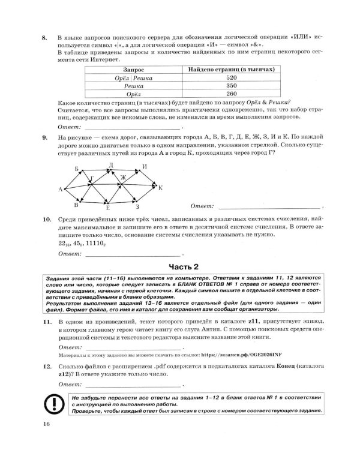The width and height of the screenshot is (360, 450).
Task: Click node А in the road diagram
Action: pyautogui.click(x=61, y=190)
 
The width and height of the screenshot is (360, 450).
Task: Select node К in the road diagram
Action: pyautogui.click(x=160, y=188)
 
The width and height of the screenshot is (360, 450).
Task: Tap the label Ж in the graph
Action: pyautogui.click(x=124, y=178)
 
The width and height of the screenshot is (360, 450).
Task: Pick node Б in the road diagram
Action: pyautogui.click(x=77, y=169)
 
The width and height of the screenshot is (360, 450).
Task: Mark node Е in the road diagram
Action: pyautogui.click(x=108, y=209)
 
